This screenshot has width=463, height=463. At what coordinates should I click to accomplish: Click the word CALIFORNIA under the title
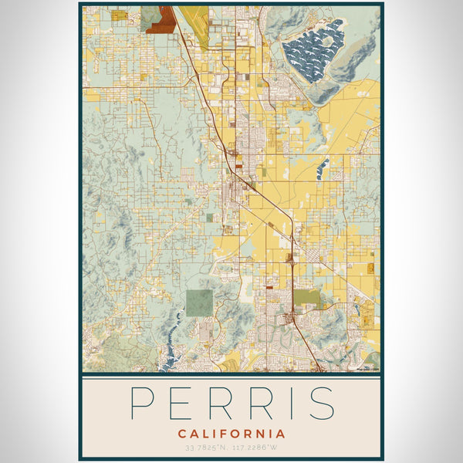coord(231,434)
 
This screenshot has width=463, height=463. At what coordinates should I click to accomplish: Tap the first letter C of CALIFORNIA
coord(181,434)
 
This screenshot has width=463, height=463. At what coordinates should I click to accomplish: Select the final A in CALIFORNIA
coord(280,434)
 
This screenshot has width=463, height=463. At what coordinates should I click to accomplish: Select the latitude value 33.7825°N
coord(206,448)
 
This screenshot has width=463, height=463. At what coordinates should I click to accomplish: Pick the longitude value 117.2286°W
coord(254,448)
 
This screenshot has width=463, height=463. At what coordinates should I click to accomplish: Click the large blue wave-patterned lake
coord(313,52)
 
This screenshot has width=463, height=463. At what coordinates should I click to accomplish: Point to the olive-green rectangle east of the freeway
coord(306,296)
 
